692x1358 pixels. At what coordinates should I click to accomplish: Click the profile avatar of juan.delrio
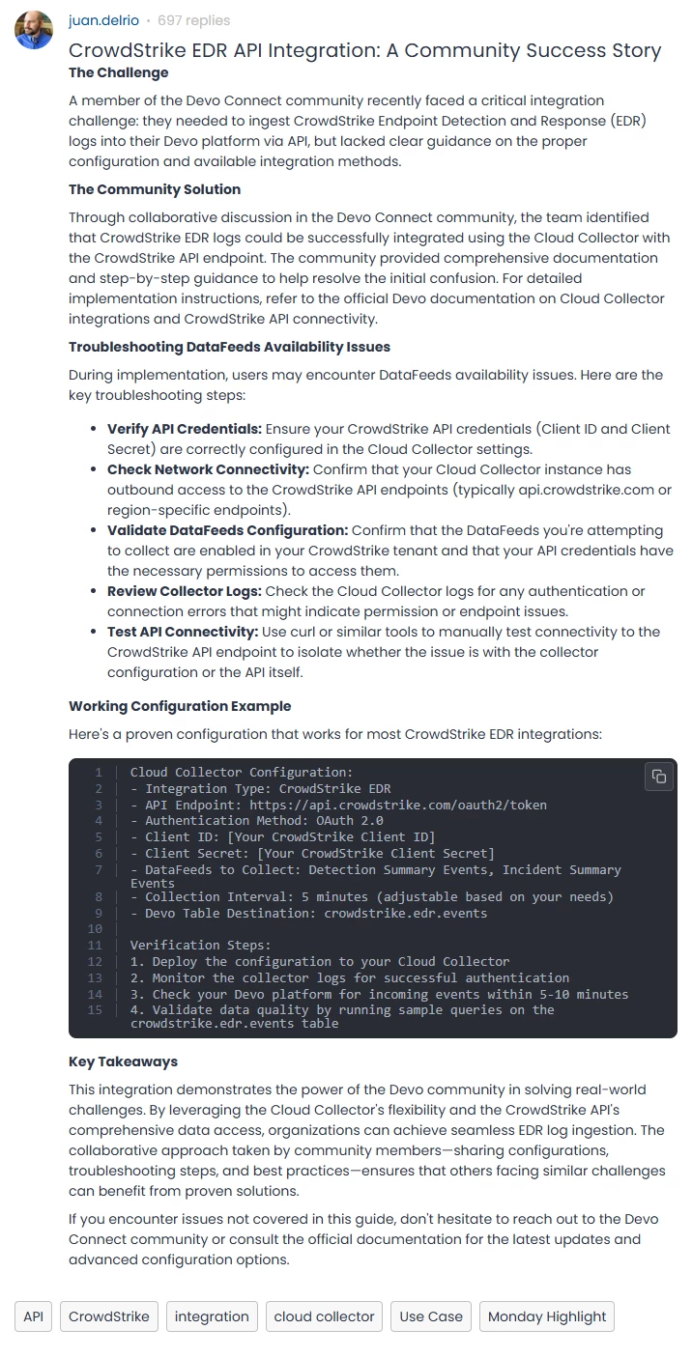click(x=34, y=30)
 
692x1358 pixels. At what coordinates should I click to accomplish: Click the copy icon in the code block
click(x=658, y=777)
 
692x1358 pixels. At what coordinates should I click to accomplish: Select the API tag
click(x=34, y=1316)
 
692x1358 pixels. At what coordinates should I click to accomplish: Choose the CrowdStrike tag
click(x=109, y=1316)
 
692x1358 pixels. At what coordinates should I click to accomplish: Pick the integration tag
click(x=212, y=1316)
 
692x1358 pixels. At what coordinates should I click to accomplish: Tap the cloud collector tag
click(x=324, y=1316)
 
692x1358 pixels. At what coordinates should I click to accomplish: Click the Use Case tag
click(x=431, y=1316)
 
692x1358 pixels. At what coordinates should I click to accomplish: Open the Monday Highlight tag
click(x=547, y=1316)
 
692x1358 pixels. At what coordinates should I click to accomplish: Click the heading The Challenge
click(x=118, y=72)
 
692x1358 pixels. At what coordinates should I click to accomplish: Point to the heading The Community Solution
click(x=155, y=189)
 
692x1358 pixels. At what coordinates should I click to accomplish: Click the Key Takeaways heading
click(x=123, y=1061)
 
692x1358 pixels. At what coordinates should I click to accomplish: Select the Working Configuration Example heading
click(x=180, y=706)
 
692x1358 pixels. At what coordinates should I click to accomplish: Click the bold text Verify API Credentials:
click(x=185, y=429)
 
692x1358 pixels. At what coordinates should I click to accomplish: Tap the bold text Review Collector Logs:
click(x=184, y=591)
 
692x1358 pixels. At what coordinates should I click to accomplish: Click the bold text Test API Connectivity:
click(x=183, y=632)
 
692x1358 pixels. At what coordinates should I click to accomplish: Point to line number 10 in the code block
click(x=95, y=929)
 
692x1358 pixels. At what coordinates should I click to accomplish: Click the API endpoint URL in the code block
click(x=397, y=806)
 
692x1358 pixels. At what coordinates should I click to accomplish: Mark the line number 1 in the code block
click(x=99, y=773)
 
